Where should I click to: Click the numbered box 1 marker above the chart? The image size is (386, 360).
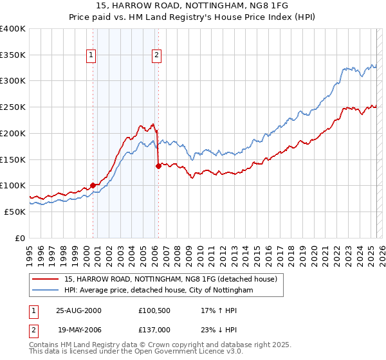(92, 56)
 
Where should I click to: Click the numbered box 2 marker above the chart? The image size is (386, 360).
(156, 56)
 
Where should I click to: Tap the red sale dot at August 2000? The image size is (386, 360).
(93, 185)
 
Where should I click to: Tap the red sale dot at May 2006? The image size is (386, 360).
(158, 166)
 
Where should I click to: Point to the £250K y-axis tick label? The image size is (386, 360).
(13, 107)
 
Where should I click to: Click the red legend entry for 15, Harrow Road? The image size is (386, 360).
(170, 279)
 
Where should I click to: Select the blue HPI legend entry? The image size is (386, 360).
(158, 291)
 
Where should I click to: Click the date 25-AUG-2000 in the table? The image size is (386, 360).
(79, 310)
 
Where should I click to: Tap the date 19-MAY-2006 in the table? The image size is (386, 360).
(79, 329)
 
